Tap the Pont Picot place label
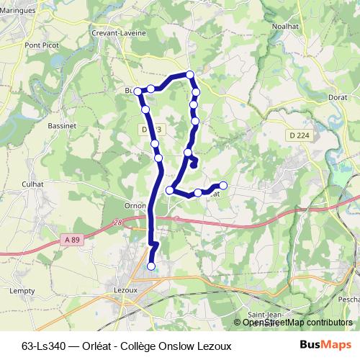[41, 45]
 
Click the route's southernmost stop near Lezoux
[151, 266]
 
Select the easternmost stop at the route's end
[222, 186]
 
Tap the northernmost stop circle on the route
[190, 74]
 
